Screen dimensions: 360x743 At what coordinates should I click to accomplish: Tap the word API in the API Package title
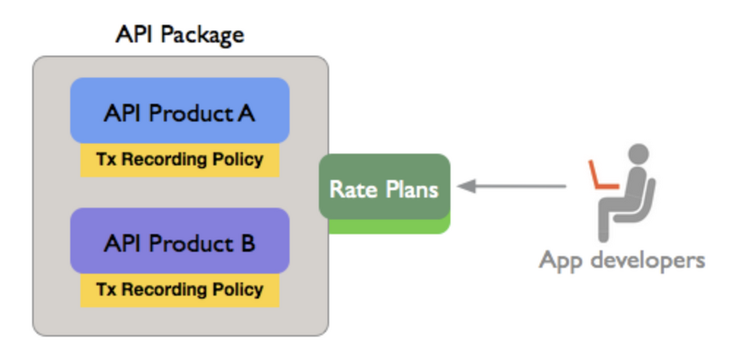[135, 34]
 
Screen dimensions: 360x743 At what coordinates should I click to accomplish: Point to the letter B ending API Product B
[247, 243]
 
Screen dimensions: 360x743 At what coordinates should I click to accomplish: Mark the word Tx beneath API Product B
[106, 290]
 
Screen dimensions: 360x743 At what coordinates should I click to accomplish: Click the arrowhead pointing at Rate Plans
[466, 187]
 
